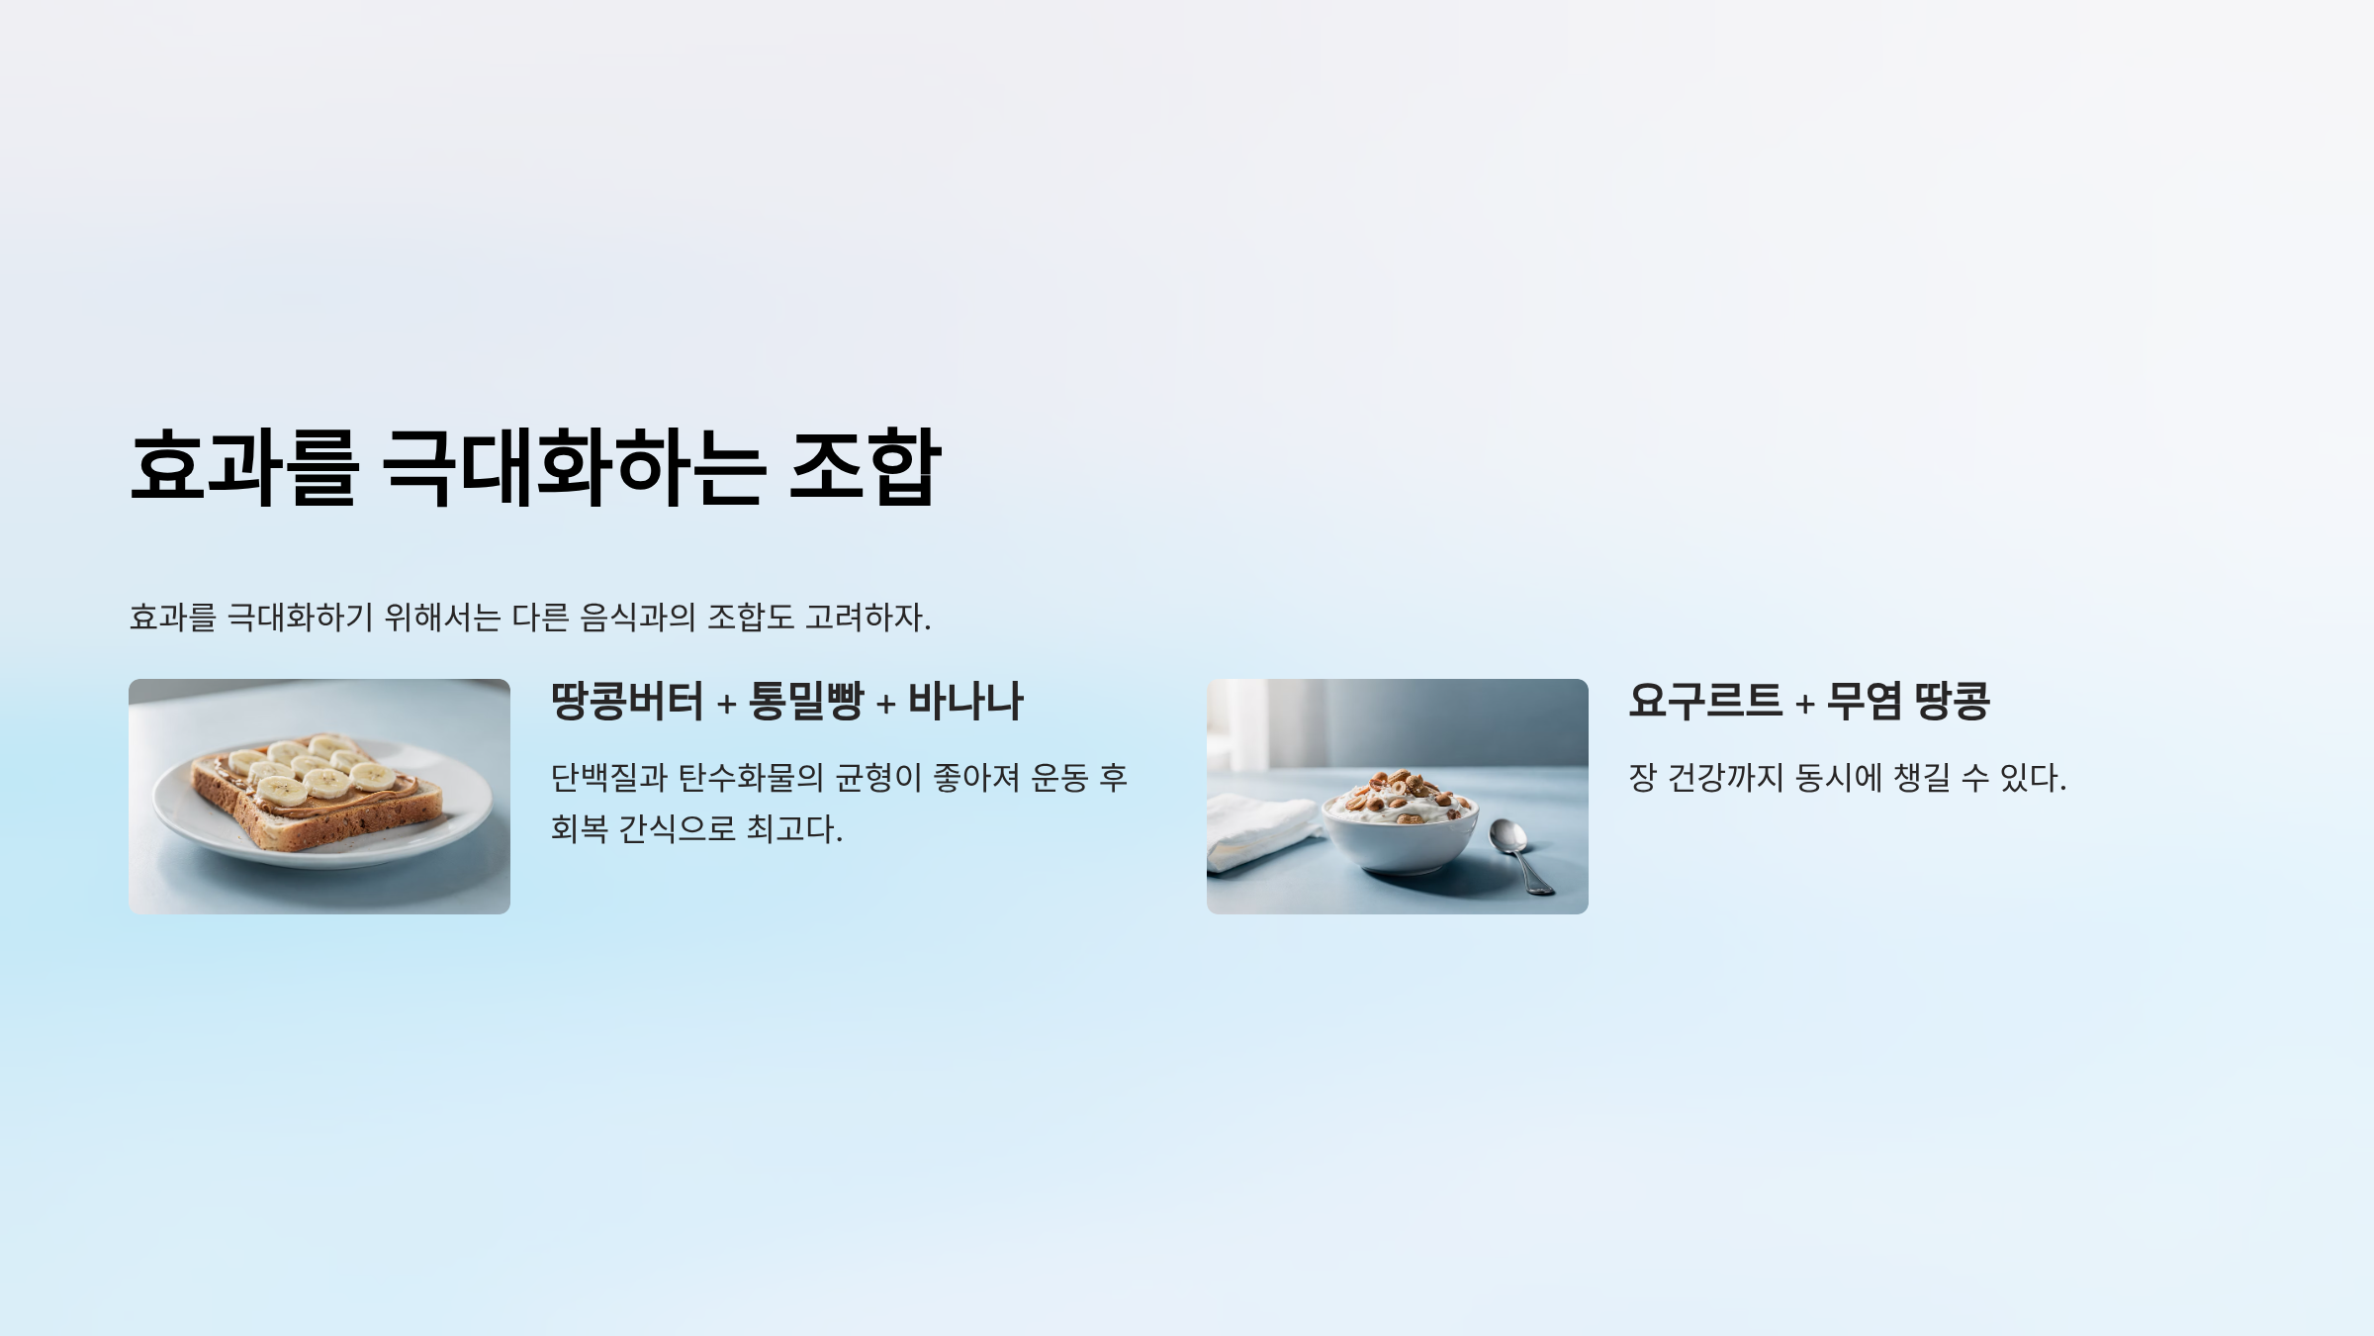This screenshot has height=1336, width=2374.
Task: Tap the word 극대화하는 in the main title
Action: pos(573,467)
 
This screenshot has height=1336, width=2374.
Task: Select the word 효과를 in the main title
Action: pos(243,467)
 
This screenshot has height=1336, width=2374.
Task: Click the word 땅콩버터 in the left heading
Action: pos(627,701)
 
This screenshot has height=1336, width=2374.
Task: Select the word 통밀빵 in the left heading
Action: pos(806,701)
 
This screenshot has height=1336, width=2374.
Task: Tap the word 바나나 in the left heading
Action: pos(965,701)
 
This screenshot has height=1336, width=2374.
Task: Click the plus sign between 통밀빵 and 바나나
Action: pos(886,704)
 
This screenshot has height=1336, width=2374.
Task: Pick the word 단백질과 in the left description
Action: pos(608,778)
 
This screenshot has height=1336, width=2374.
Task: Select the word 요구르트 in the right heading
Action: pos(1705,701)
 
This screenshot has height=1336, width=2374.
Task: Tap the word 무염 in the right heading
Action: pos(1865,701)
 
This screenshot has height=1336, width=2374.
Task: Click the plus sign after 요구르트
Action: pos(1805,704)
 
